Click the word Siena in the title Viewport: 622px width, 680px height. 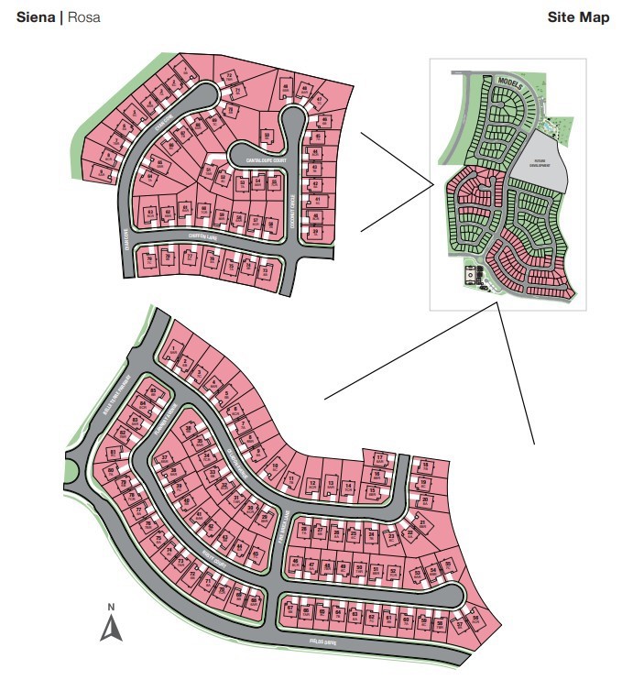coord(36,17)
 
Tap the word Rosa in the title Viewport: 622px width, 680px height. coord(83,17)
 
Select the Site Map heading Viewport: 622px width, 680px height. coord(578,17)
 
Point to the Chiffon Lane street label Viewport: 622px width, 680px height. coord(202,236)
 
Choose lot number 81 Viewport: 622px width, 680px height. coord(114,452)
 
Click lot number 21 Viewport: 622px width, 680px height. coord(422,521)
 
